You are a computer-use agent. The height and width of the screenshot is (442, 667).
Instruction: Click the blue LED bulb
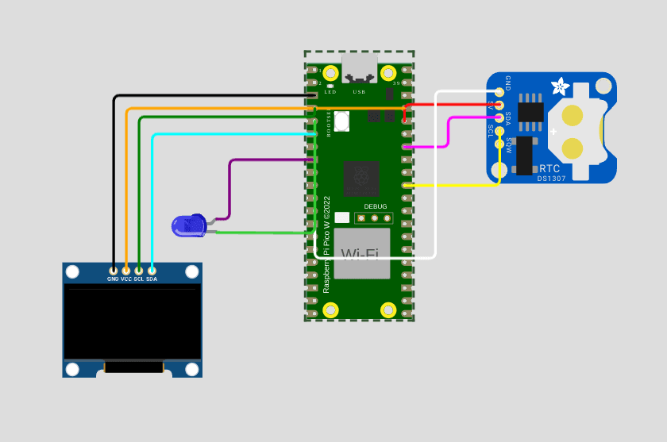click(188, 226)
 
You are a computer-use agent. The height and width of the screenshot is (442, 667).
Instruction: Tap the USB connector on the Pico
click(359, 69)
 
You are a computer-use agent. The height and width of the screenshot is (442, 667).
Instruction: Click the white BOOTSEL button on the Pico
click(341, 121)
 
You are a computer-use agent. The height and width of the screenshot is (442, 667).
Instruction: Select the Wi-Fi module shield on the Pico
click(361, 253)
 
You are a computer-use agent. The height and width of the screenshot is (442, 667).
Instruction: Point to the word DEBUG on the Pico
click(376, 206)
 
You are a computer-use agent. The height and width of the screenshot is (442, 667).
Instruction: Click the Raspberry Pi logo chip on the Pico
click(360, 178)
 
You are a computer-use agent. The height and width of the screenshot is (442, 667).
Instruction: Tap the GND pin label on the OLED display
click(113, 279)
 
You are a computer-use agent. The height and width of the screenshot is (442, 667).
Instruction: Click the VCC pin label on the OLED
click(125, 279)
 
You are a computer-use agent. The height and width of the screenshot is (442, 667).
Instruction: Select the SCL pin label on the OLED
click(138, 279)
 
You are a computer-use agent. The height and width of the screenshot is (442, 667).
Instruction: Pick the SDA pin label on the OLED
click(151, 279)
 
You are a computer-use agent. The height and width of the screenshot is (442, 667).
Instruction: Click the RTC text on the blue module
click(549, 169)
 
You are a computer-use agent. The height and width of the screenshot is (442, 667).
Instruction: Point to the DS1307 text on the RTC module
click(550, 179)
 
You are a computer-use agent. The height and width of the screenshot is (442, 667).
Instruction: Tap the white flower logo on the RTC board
click(561, 84)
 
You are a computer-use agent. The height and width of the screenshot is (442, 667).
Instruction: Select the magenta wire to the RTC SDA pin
click(450, 131)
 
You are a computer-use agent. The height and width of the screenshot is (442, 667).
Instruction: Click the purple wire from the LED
click(229, 190)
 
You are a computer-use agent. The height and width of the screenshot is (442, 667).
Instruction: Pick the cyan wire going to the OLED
click(152, 198)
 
